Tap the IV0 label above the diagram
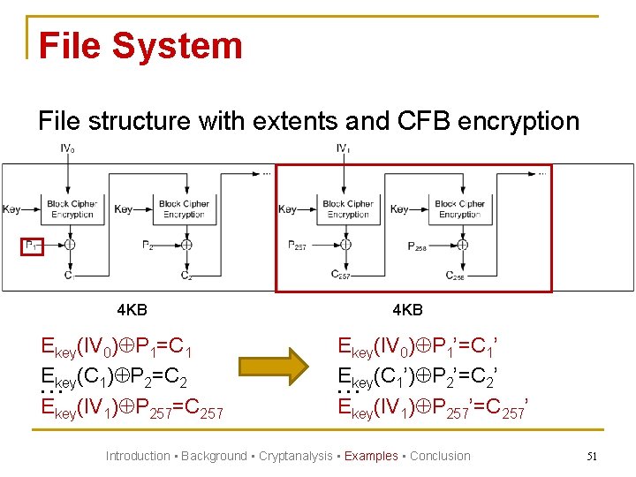click(67, 148)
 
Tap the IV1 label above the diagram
click(344, 148)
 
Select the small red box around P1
click(31, 246)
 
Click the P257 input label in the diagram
click(297, 246)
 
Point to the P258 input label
click(417, 246)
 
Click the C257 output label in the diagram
click(341, 275)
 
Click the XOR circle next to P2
click(186, 245)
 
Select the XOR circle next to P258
click(462, 245)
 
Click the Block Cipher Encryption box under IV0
click(72, 209)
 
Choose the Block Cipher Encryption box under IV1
click(348, 209)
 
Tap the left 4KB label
click(132, 310)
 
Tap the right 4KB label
click(407, 310)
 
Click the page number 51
click(592, 457)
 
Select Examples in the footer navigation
click(371, 457)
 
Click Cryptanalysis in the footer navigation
click(295, 457)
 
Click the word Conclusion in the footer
click(440, 457)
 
